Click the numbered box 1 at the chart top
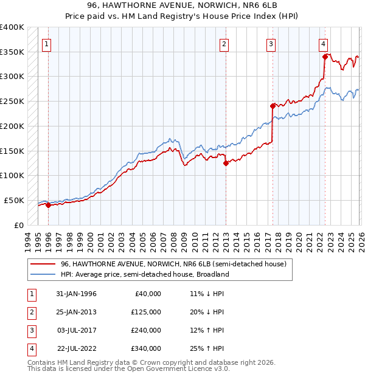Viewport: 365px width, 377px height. click(x=47, y=43)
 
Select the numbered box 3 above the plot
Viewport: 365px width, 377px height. click(x=271, y=43)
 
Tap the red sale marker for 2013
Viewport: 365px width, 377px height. click(x=226, y=163)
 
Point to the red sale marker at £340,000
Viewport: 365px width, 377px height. click(x=325, y=57)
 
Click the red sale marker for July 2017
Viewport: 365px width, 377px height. click(x=273, y=106)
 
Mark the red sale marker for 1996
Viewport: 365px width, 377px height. click(x=48, y=205)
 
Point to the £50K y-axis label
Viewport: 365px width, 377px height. click(x=13, y=200)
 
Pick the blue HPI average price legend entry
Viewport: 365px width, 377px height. click(x=144, y=274)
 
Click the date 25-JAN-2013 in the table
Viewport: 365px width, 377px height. click(x=76, y=312)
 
